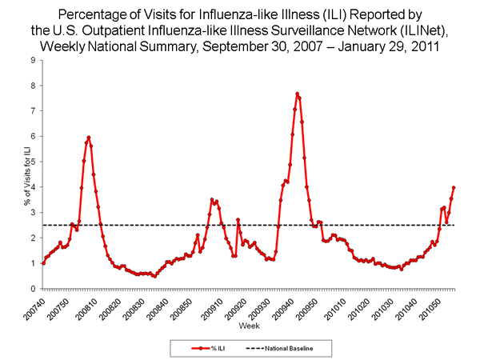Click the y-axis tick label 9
coord(32,60)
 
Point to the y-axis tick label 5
coord(32,162)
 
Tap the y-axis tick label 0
coord(32,289)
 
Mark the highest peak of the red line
coord(297,94)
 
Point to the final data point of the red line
coord(454,187)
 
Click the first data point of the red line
coord(42,263)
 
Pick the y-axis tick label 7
coord(32,111)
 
